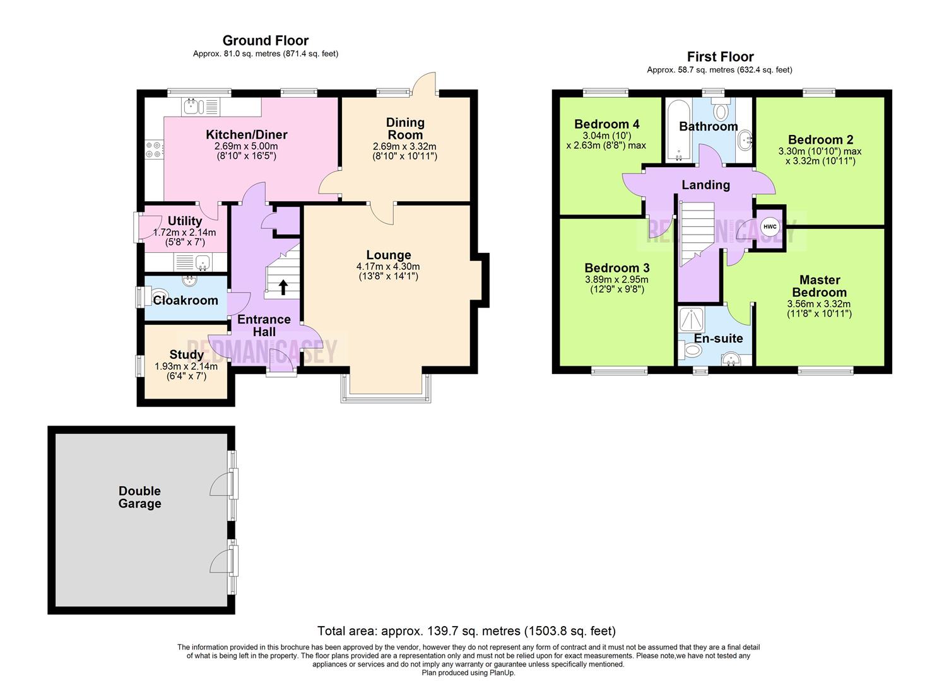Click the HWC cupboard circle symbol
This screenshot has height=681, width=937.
770,227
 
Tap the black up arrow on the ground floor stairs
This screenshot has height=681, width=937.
283,288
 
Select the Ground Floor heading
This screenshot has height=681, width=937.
266,41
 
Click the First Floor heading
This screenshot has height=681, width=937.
720,57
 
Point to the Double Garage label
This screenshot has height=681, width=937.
139,497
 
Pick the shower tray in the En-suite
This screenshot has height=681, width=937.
694,320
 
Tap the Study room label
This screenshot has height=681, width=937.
186,354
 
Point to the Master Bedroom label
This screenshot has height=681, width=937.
819,286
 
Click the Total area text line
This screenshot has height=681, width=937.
466,631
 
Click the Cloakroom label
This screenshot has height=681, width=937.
186,300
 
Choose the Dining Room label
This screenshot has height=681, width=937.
405,128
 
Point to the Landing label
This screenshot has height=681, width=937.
705,185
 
